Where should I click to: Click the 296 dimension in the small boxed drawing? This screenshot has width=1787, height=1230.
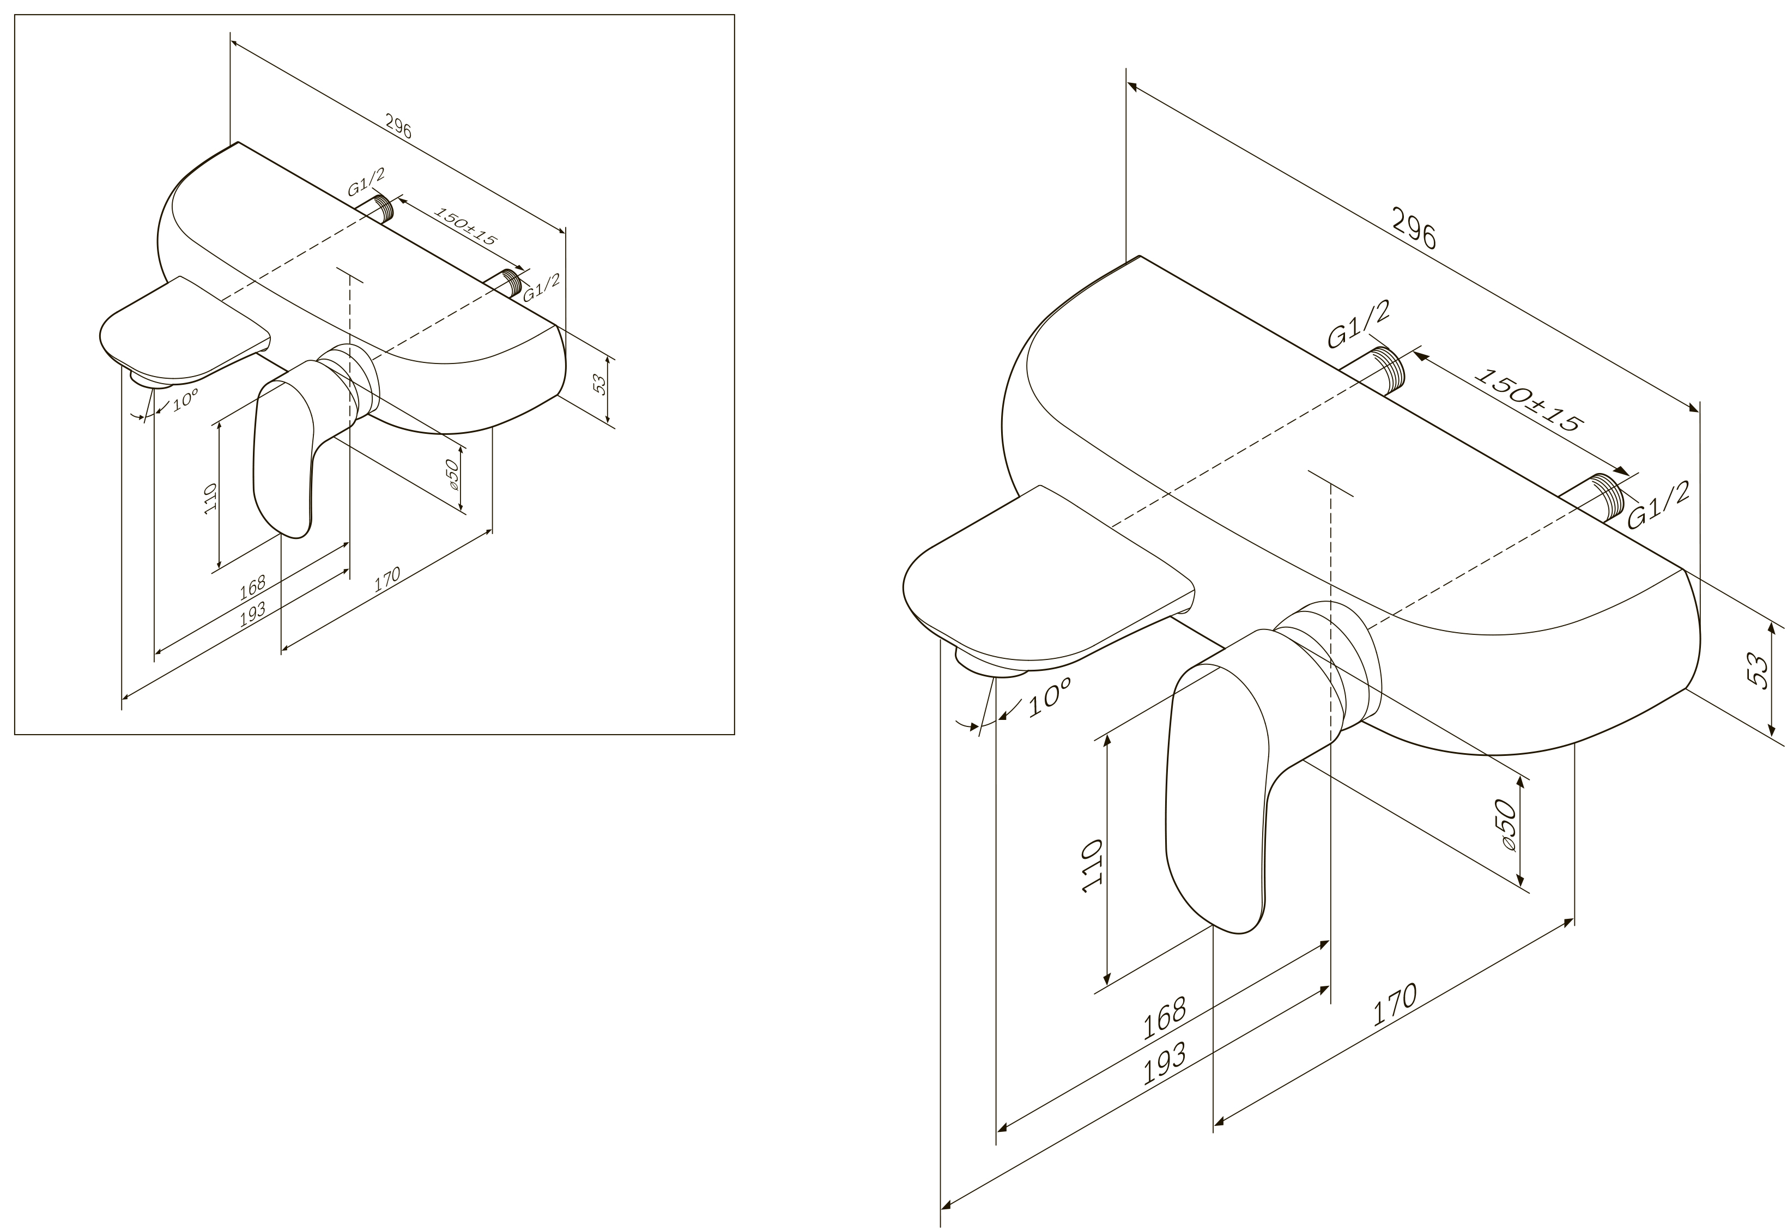pyautogui.click(x=398, y=128)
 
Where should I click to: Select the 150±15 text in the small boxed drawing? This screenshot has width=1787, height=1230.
pyautogui.click(x=465, y=226)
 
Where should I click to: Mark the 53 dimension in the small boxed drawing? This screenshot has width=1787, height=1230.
pyautogui.click(x=600, y=384)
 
